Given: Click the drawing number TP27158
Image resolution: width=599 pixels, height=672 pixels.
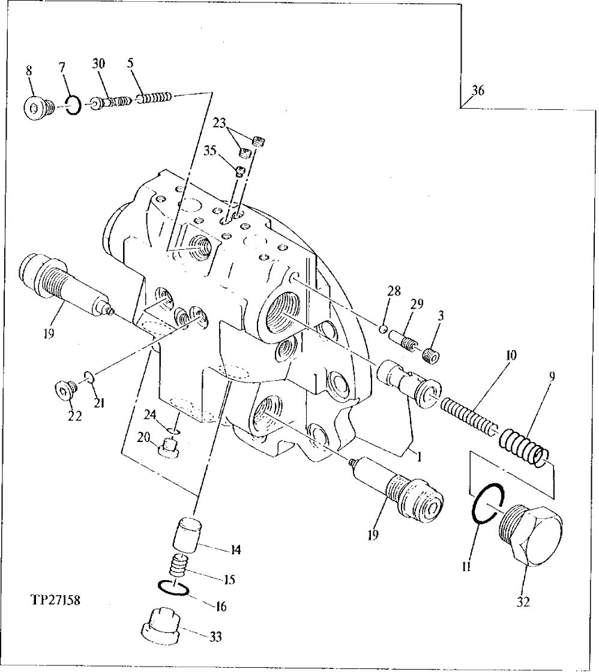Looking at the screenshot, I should pyautogui.click(x=54, y=599).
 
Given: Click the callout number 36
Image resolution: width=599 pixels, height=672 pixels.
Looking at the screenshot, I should pyautogui.click(x=478, y=91).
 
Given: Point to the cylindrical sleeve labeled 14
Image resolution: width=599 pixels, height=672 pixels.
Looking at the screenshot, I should pyautogui.click(x=187, y=533).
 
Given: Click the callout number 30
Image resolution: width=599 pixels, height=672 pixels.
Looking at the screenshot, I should pyautogui.click(x=99, y=64).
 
